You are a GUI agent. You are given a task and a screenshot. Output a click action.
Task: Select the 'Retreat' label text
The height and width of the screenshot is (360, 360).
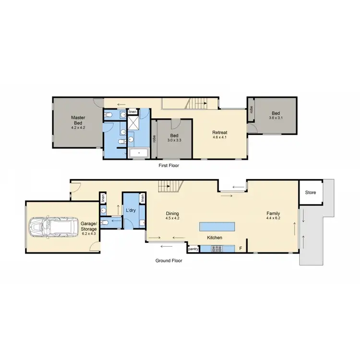(x=220, y=132)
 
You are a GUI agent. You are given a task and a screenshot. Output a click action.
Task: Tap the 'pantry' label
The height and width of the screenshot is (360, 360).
(x=193, y=249)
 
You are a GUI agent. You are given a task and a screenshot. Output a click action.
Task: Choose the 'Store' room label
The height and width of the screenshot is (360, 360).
(x=311, y=192)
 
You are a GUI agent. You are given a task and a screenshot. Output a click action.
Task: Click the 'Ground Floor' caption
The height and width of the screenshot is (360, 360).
(x=168, y=261)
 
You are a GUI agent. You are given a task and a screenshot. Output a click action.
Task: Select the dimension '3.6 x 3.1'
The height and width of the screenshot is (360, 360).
(x=276, y=118)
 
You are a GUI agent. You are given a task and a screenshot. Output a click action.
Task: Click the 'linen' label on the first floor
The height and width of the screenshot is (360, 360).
(x=132, y=111)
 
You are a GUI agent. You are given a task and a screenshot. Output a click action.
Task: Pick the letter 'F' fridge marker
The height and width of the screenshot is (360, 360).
(x=241, y=249)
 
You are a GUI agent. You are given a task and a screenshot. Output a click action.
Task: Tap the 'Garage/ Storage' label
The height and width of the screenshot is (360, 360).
(x=88, y=226)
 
